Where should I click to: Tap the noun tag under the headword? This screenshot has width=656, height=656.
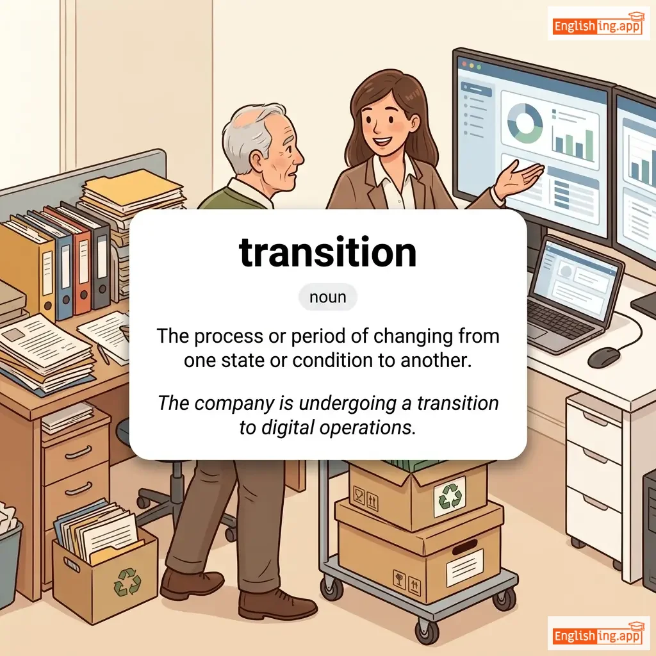click(x=327, y=297)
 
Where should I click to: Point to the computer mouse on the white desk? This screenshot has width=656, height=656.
click(x=603, y=357)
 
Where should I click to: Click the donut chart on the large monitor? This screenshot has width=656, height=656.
click(x=525, y=123)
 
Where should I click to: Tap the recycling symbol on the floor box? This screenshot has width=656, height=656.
click(x=127, y=582)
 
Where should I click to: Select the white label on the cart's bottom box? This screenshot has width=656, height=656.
click(x=465, y=568)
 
